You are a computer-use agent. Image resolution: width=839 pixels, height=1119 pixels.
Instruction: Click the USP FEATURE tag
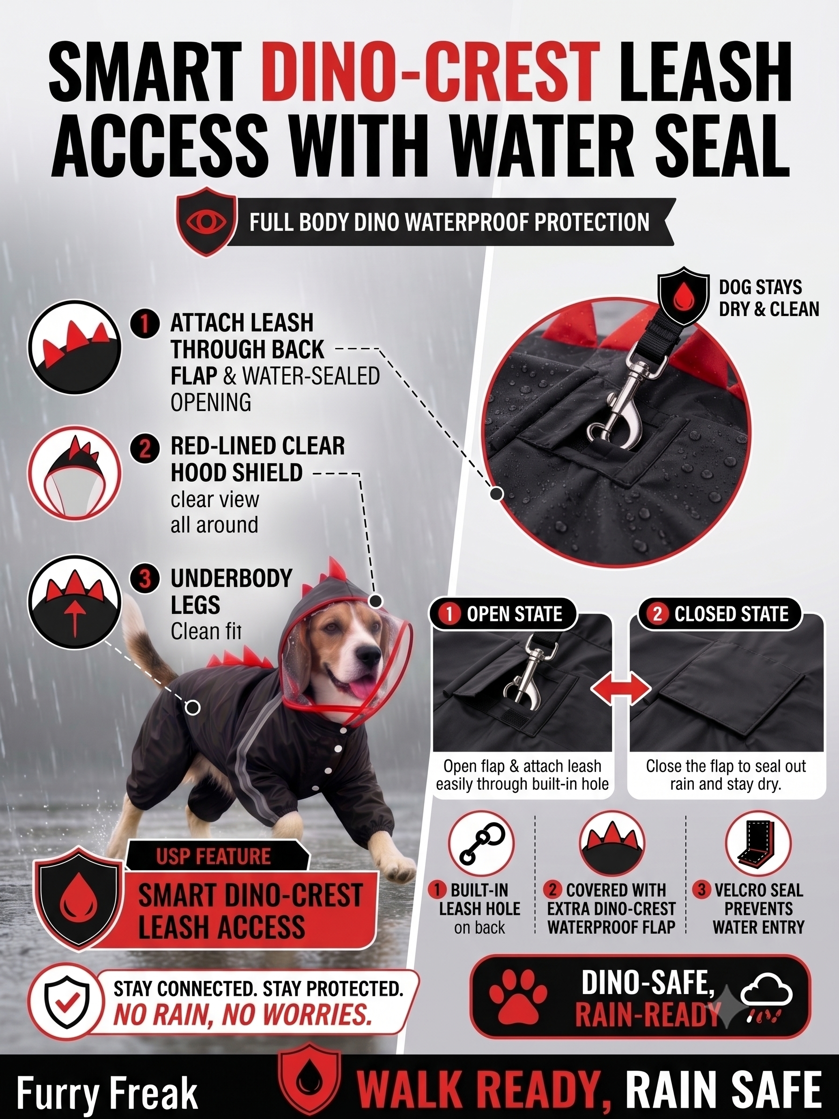coord(214,856)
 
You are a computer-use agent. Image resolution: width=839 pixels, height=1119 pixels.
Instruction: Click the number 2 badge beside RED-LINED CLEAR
coord(145,447)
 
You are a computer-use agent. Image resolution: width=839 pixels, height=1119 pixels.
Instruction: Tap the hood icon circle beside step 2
coord(74,473)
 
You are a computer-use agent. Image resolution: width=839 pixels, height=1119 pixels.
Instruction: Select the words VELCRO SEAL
coord(758,890)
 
